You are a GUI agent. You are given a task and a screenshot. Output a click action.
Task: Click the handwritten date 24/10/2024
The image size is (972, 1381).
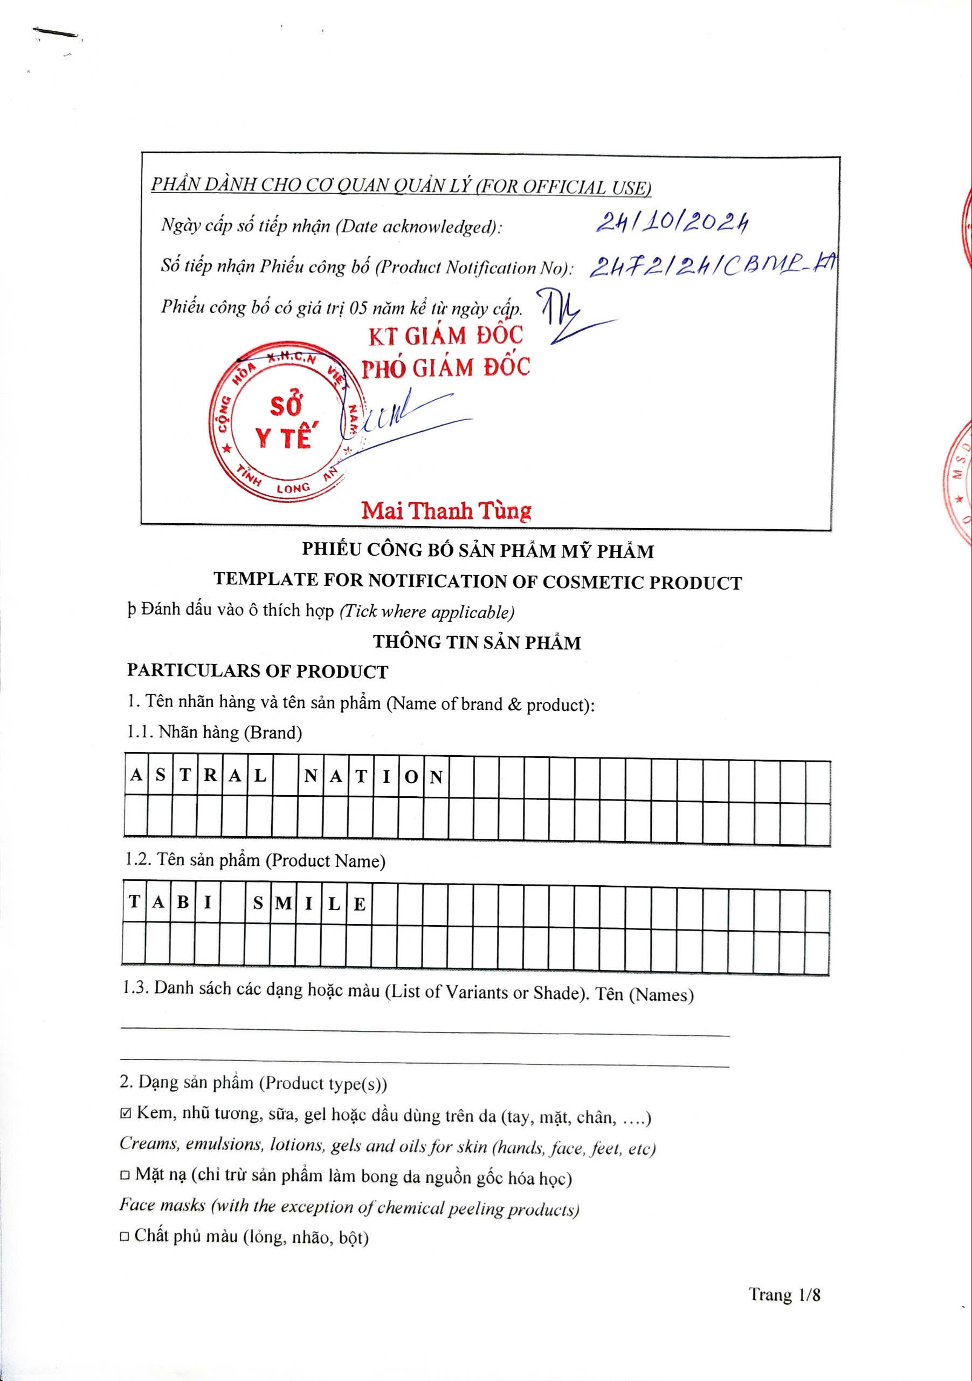coord(672,224)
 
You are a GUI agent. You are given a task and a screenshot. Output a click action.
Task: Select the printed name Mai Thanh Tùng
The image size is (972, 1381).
coord(446,511)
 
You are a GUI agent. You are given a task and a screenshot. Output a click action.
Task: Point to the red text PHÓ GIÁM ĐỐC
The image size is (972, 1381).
coord(445,367)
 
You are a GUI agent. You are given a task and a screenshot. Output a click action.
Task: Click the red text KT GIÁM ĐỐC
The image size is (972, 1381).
coord(445,336)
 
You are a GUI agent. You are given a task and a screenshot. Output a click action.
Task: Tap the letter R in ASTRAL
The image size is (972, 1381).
coord(210,775)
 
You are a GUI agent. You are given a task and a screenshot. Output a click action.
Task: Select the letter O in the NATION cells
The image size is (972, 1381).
coord(411,777)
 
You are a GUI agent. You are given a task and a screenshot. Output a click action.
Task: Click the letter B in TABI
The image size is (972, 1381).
coord(183,902)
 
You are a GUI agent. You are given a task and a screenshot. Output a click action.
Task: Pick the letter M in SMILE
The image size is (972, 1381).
coord(283,904)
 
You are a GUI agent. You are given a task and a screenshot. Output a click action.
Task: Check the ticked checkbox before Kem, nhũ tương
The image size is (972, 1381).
coord(125,1114)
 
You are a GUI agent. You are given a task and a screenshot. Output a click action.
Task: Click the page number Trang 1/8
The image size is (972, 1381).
coord(784,1294)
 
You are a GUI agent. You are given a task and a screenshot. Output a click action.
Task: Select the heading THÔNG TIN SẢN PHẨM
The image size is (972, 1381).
coord(477,642)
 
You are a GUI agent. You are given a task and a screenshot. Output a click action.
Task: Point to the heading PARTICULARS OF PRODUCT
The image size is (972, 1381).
coord(257,671)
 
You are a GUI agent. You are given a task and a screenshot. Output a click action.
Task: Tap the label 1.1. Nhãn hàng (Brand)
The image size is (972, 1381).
coord(214,733)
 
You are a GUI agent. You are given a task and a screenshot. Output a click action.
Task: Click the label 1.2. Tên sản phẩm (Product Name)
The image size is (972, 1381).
coord(255,860)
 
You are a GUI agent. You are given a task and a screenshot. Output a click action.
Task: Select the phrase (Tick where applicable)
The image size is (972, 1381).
coord(427,612)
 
